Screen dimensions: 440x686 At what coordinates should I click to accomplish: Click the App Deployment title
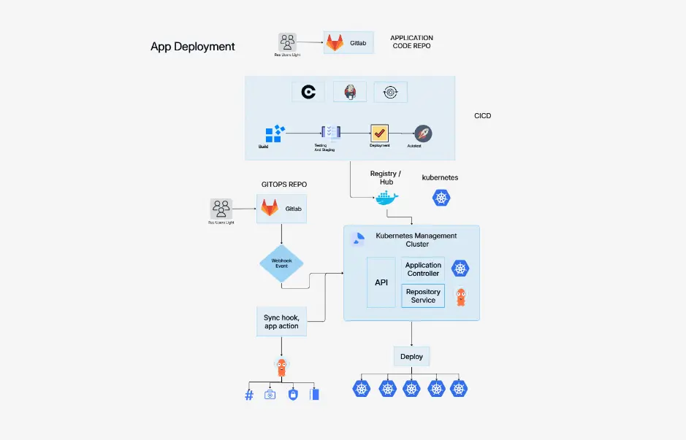[192, 47]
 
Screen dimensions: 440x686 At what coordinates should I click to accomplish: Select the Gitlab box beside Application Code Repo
[349, 43]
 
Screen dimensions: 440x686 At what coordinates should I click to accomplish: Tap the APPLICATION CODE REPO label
[411, 42]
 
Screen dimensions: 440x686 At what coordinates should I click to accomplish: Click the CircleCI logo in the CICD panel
[308, 92]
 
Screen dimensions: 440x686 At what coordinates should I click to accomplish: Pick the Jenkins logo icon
[350, 92]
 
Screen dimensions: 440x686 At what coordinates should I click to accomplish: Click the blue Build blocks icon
[274, 134]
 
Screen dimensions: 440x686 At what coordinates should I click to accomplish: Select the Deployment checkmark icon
[379, 133]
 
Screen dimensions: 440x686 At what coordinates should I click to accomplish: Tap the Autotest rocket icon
[423, 134]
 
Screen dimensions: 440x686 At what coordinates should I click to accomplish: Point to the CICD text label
[482, 116]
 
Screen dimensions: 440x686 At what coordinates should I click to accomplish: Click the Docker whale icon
[386, 198]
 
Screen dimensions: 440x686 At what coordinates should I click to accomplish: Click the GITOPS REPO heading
[284, 185]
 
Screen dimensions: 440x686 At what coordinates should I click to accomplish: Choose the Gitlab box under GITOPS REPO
[281, 209]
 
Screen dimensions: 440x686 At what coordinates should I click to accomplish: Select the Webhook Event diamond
[281, 262]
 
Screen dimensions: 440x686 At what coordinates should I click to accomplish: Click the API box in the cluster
[381, 282]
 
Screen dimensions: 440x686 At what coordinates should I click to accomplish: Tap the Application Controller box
[423, 269]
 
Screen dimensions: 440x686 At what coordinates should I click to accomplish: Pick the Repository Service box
[423, 296]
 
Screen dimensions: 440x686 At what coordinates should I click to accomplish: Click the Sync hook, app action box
[281, 322]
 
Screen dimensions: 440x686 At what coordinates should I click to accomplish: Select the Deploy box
[411, 357]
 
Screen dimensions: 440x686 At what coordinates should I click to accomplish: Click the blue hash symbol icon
[248, 395]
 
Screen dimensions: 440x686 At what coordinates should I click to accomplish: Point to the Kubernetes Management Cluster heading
[416, 239]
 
